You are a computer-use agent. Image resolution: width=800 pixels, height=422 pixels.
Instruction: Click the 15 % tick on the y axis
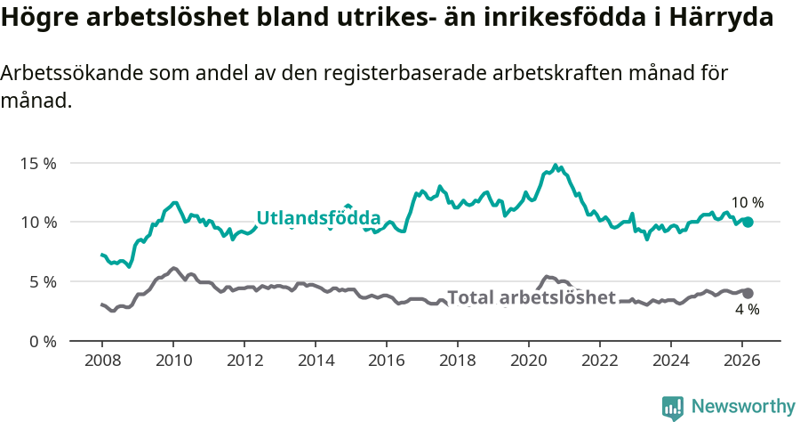click(x=38, y=164)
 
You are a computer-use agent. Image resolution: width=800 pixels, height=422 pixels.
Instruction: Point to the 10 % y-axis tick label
click(x=38, y=223)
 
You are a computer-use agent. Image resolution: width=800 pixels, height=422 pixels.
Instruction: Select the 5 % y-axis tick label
click(x=42, y=282)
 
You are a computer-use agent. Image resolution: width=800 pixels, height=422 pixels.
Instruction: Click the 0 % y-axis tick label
click(x=42, y=341)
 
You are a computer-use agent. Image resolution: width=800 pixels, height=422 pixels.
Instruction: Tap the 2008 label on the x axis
click(x=102, y=361)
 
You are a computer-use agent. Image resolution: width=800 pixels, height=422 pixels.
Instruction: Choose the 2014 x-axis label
click(x=316, y=361)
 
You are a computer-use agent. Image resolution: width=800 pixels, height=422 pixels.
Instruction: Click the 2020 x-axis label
click(x=529, y=361)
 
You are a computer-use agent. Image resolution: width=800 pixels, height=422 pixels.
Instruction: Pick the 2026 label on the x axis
click(x=742, y=361)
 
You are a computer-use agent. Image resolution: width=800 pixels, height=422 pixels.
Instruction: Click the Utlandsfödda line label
click(x=318, y=218)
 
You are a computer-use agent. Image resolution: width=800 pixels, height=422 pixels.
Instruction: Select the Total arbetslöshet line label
click(x=531, y=297)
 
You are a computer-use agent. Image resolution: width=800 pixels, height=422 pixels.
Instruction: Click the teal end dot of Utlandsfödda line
click(x=748, y=222)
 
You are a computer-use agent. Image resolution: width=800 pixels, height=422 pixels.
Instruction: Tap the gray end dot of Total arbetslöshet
click(x=748, y=293)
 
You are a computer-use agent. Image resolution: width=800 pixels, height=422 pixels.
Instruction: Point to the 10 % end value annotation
click(x=748, y=203)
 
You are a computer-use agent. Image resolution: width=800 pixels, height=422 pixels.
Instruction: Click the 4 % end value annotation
click(x=747, y=310)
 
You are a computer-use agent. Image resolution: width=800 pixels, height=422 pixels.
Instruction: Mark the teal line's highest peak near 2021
click(x=556, y=166)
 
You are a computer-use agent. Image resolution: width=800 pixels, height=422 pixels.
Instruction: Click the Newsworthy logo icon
click(x=673, y=408)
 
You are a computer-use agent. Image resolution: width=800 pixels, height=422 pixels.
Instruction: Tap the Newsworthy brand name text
click(x=742, y=407)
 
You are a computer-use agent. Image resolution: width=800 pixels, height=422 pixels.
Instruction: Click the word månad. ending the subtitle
click(x=36, y=101)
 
